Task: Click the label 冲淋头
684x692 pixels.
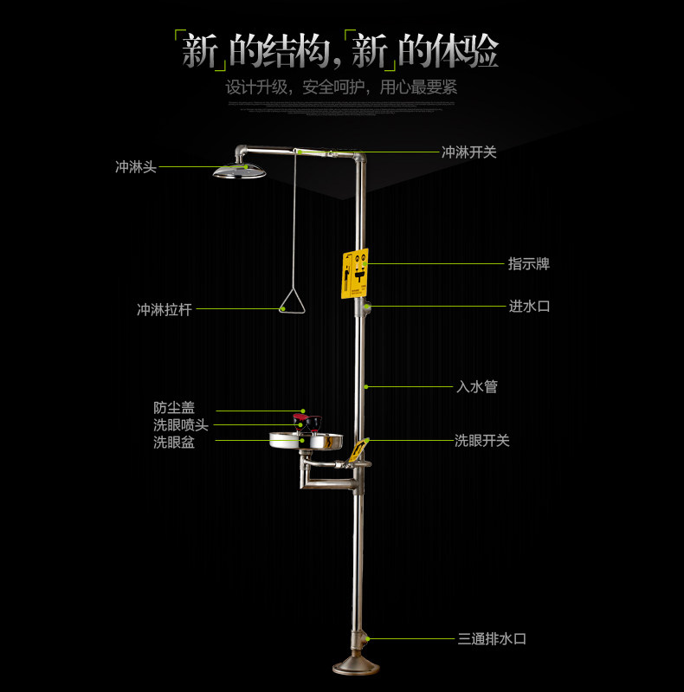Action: point(136,167)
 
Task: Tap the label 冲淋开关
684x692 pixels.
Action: point(468,152)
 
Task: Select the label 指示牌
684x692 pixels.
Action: point(528,264)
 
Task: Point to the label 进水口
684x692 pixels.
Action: point(528,306)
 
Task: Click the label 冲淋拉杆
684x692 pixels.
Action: point(164,309)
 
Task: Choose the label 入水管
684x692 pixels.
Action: point(476,387)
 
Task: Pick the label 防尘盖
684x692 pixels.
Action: point(174,408)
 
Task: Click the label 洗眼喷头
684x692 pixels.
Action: point(180,425)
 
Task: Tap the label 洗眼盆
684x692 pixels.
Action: point(174,442)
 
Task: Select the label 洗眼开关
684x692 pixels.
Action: point(482,441)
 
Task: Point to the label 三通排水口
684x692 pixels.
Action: point(492,639)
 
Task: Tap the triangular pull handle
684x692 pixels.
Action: point(293,301)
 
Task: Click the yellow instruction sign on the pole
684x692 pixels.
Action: point(355,274)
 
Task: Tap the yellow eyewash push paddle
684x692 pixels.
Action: point(357,450)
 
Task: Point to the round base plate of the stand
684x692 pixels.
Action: point(356,668)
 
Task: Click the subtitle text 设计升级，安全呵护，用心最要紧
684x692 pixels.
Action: point(341,87)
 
